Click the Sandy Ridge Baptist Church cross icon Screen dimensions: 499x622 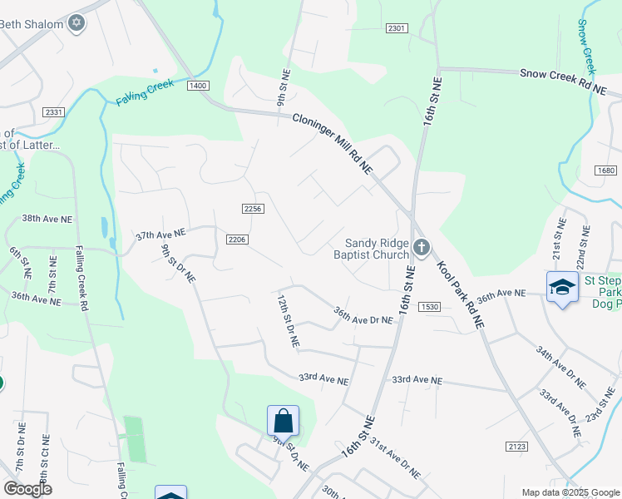point(422,246)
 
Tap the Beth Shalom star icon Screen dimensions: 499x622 point(77,23)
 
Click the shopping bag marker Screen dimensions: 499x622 point(283,420)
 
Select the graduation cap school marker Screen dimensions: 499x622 point(562,287)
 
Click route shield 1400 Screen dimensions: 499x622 point(198,86)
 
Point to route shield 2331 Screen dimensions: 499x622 point(54,112)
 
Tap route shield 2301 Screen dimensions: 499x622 point(397,28)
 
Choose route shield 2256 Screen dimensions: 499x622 point(254,208)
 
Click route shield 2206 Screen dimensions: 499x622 point(237,240)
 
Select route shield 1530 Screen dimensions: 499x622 point(429,307)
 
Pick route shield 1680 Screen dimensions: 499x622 point(605,170)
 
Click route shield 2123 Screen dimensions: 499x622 point(516,447)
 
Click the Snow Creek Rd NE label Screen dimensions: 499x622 point(562,80)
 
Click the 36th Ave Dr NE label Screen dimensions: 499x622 point(363,314)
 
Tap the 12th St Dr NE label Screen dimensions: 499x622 point(288,320)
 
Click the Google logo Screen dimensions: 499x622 point(27,488)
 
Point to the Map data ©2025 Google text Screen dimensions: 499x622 point(569,492)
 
